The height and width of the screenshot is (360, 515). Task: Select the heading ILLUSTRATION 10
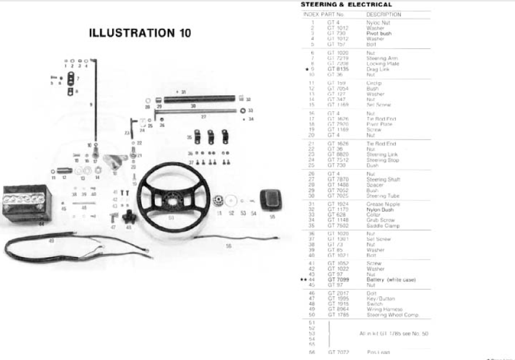140,33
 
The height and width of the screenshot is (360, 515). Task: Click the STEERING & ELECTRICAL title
346,4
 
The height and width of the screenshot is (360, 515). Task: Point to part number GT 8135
338,69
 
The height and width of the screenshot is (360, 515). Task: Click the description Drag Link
377,69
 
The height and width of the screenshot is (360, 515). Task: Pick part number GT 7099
338,280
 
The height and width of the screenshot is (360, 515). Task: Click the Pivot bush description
379,33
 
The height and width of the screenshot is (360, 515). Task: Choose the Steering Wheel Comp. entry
392,315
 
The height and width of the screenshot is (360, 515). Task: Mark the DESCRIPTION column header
384,14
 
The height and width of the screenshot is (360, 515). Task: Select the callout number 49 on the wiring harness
51,241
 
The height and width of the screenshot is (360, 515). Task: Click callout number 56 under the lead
229,246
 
